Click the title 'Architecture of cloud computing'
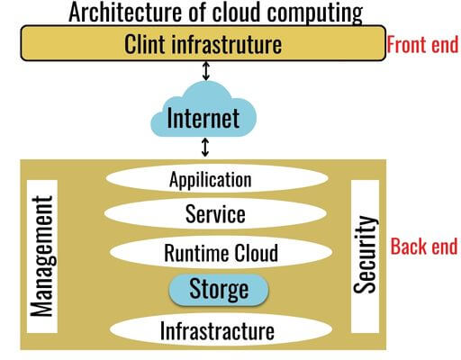tap(216, 13)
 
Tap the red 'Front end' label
tap(422, 43)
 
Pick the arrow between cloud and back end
tap(206, 147)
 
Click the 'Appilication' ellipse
tap(210, 179)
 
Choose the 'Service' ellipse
tap(214, 214)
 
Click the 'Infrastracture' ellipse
tap(216, 329)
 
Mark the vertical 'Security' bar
tap(364, 254)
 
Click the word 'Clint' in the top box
tap(148, 42)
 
